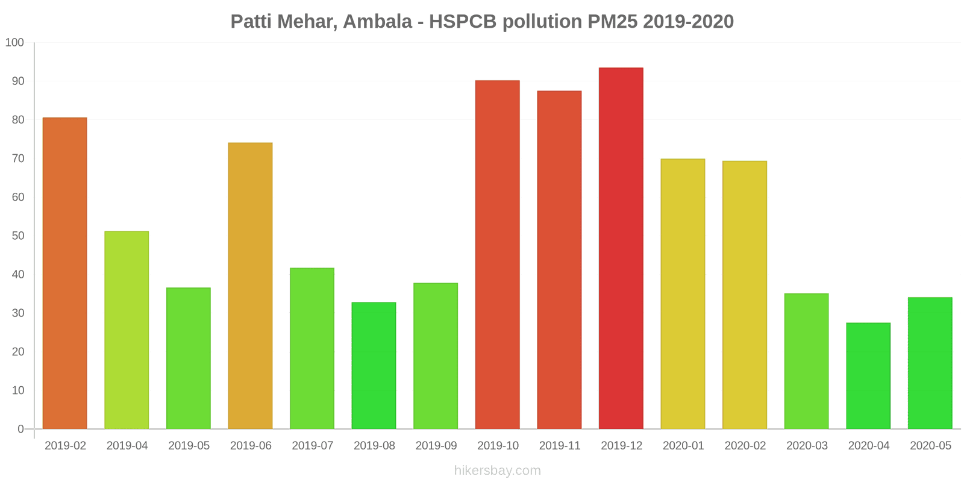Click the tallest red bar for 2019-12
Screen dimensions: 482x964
pos(621,248)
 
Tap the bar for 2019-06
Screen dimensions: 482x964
pos(250,286)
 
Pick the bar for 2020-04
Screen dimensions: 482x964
pos(868,376)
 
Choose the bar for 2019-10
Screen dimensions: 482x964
pos(498,254)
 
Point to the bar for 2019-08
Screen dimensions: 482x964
pos(374,366)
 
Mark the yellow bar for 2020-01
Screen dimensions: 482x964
pos(683,294)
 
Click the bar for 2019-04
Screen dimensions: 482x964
pos(127,330)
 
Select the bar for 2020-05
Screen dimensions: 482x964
pos(930,363)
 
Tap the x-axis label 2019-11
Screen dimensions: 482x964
pos(560,446)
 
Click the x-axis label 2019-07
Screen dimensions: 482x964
pos(312,446)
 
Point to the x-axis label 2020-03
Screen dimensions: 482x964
pos(807,446)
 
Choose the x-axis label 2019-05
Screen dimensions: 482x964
pos(189,446)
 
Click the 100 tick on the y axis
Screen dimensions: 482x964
pos(14,43)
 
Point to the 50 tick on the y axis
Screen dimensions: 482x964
pos(17,236)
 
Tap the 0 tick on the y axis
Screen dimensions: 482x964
pos(20,429)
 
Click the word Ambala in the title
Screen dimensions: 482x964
pos(377,22)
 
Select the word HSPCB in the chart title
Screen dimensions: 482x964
pos(463,22)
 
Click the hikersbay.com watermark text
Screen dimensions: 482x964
pos(498,471)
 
